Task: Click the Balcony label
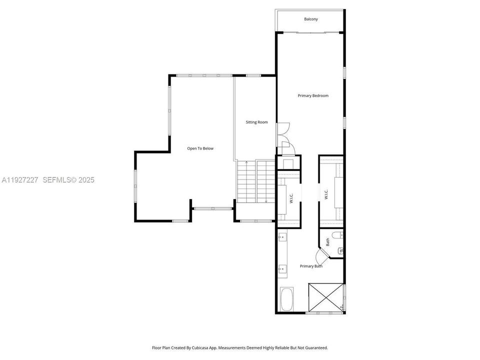click(x=310, y=19)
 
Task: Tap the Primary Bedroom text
click(x=313, y=95)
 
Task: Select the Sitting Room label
click(x=256, y=122)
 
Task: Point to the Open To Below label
click(x=200, y=148)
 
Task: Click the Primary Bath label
click(x=311, y=266)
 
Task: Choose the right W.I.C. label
click(x=326, y=194)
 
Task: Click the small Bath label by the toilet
click(x=328, y=242)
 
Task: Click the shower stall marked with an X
click(x=326, y=298)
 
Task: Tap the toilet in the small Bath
click(x=340, y=250)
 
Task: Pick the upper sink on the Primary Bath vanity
click(x=281, y=237)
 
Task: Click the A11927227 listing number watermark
click(x=20, y=179)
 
